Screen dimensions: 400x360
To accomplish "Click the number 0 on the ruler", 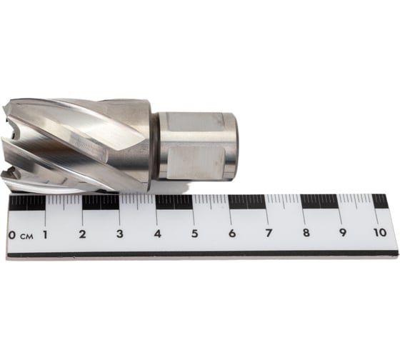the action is click(12, 235).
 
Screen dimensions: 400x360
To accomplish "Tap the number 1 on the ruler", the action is click(45, 234).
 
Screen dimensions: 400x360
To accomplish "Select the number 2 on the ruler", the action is click(82, 234).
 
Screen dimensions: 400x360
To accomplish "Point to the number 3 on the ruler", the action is click(120, 234).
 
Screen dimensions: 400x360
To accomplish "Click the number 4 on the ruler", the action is click(157, 234).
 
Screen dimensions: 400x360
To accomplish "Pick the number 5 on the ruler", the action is click(194, 234).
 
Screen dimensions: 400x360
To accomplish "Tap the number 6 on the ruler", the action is click(231, 233).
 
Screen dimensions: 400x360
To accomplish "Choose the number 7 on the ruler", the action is click(268, 233).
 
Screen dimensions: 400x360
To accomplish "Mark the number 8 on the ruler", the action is click(306, 233).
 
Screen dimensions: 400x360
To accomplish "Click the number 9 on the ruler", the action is click(343, 232).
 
